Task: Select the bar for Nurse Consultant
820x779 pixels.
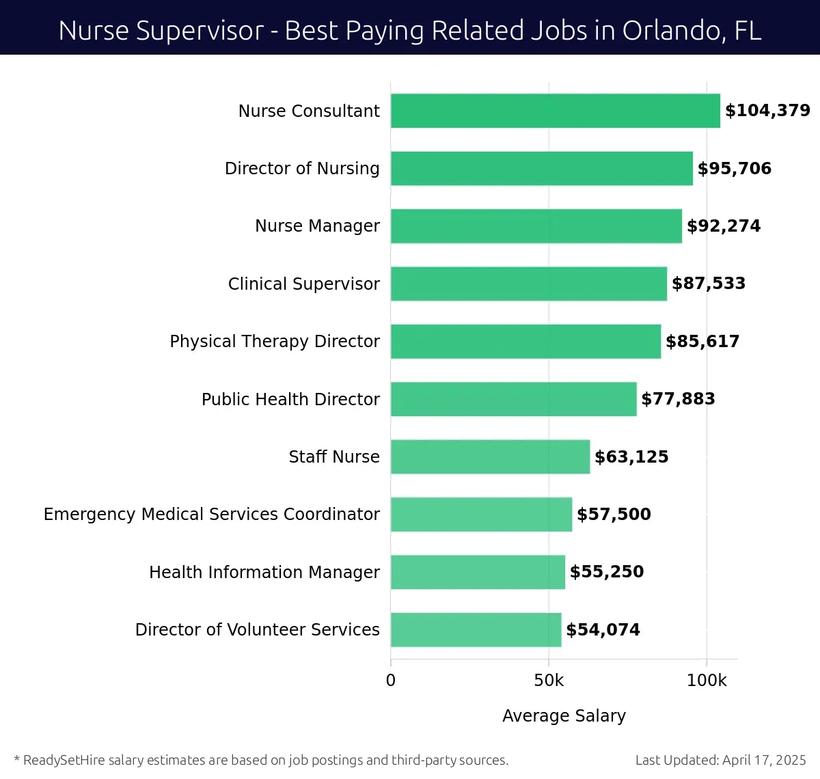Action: coord(555,111)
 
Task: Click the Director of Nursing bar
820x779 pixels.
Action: coord(541,169)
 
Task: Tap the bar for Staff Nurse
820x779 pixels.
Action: coord(490,457)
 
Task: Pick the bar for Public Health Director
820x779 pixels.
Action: coord(513,399)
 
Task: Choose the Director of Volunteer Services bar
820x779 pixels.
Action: coord(476,630)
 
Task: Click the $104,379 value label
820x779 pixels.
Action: coord(767,111)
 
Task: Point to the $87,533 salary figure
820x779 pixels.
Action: coord(709,284)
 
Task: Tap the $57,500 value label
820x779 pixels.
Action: coord(614,515)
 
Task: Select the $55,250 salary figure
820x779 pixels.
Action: coord(607,572)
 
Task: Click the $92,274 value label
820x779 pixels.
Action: coord(724,226)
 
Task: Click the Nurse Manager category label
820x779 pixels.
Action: coord(317,226)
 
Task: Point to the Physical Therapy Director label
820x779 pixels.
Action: coord(275,342)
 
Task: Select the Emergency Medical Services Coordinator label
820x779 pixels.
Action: coord(211,515)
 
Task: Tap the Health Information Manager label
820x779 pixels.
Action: coord(264,572)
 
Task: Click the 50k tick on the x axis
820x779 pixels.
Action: coord(549,681)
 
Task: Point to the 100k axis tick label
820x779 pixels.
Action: coord(707,681)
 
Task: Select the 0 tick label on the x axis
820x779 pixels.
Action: coord(391,681)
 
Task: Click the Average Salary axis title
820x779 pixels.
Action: coord(564,715)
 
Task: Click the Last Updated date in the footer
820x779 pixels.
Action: coord(720,760)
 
